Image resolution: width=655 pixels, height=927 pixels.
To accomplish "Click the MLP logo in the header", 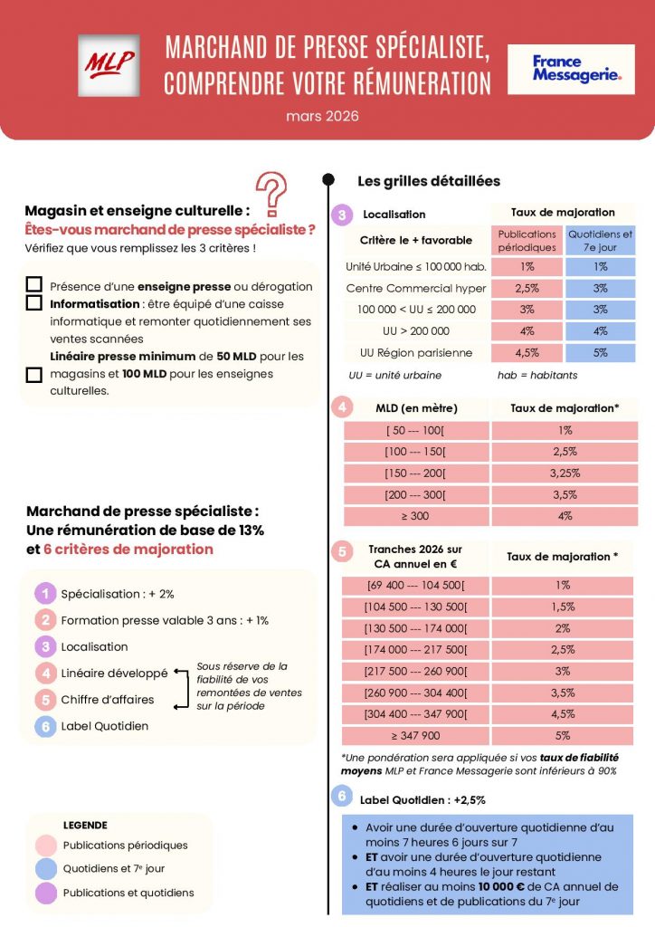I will coord(109,64).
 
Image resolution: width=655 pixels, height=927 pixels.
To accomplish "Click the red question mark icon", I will coord(268,194).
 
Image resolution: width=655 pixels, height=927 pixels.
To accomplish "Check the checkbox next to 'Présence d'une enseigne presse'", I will coord(34,285).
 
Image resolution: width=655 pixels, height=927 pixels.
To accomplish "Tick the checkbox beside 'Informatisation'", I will coord(34,303).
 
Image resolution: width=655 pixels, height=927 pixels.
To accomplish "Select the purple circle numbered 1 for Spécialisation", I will coord(44,594).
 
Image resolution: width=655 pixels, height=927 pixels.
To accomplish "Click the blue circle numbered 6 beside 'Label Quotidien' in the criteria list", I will coord(44,725).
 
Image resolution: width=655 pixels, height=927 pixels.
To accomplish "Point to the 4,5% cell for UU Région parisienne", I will coord(527,352).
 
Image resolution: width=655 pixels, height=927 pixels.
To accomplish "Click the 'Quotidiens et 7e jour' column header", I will coord(601,240).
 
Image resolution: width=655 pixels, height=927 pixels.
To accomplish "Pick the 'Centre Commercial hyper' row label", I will coord(416,288).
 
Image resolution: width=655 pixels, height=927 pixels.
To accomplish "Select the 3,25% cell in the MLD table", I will coord(565,473).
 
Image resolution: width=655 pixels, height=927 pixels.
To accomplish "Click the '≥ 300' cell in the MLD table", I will coord(416,516).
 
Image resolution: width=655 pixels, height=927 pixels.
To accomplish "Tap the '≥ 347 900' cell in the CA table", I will coord(416,735).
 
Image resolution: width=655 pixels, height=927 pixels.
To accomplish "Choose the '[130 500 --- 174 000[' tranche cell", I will coord(416,627).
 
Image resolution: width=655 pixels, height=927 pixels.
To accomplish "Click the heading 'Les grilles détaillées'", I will coord(429,181).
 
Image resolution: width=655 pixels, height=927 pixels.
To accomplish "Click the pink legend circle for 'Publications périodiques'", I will coord(44,846).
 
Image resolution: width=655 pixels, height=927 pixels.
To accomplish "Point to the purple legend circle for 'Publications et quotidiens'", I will coord(44,893).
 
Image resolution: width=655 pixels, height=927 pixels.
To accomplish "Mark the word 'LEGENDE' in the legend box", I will coord(85,825).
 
